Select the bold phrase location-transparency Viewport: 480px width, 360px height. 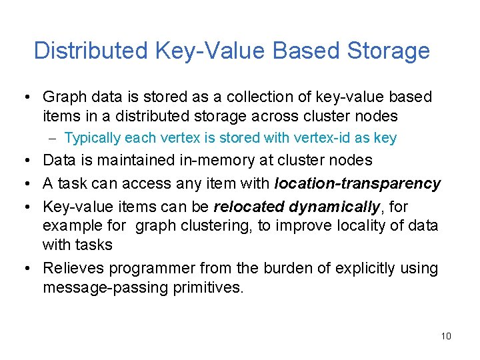point(357,183)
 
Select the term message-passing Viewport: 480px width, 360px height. point(101,288)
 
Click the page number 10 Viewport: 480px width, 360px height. point(446,335)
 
